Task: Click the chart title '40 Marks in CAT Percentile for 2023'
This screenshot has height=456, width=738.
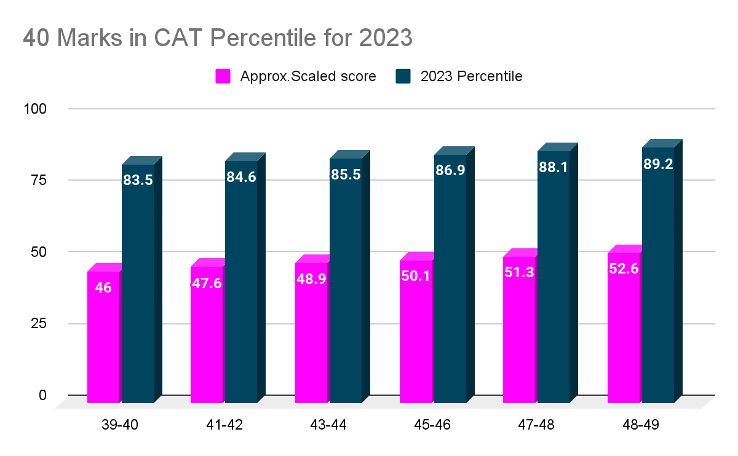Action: (217, 38)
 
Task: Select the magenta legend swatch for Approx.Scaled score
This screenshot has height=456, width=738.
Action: (223, 76)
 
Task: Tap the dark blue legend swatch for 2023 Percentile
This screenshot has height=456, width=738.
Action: (403, 76)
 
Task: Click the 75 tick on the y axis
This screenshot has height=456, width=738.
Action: (39, 180)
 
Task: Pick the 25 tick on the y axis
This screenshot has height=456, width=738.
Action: (39, 323)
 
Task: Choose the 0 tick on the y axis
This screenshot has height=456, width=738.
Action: (42, 395)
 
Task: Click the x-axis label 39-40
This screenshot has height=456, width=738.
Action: (121, 425)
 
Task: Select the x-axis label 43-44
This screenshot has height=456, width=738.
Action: (328, 425)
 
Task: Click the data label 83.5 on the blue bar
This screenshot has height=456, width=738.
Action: (137, 180)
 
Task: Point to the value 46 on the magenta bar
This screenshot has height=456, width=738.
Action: (103, 287)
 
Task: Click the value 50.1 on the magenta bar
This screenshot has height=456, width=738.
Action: (415, 276)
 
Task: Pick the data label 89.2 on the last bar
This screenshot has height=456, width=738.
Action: (657, 163)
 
